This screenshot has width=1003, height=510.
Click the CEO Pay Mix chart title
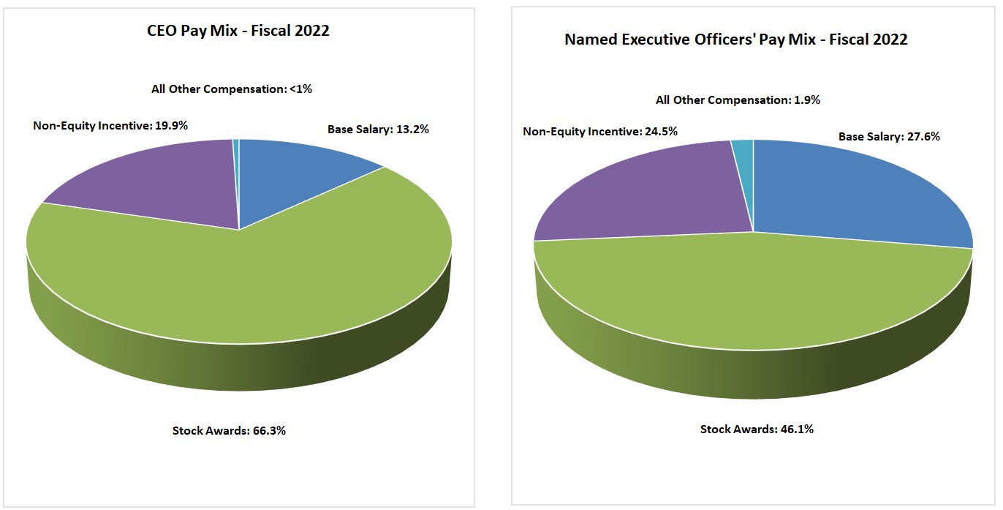click(x=238, y=31)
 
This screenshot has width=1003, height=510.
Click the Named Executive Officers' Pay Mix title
click(x=735, y=40)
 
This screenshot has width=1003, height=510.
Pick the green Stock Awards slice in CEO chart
click(x=241, y=285)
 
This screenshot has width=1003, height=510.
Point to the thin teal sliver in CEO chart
click(x=235, y=168)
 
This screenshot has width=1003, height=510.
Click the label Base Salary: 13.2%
click(x=378, y=130)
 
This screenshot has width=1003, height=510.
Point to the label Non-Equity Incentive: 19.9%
click(x=110, y=125)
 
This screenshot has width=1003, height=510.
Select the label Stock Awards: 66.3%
click(x=229, y=430)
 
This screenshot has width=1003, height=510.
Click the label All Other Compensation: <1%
click(x=232, y=89)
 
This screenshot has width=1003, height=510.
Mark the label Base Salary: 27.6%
click(x=889, y=137)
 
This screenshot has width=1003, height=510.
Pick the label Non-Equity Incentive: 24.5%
click(x=600, y=132)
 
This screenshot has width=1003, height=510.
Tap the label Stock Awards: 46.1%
click(x=757, y=429)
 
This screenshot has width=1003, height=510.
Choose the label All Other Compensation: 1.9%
click(x=738, y=100)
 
